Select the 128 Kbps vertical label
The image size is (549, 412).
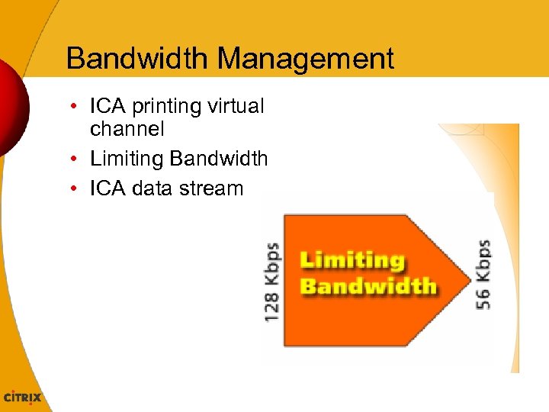pos(271,282)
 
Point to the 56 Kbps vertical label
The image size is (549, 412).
pos(483,275)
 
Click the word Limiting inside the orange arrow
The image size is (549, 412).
pos(352,260)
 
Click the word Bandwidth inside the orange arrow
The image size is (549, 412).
pos(368,287)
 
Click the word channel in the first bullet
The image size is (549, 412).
pos(127,130)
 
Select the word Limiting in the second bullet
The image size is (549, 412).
pos(127,159)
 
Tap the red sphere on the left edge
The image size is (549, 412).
pos(11,107)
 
